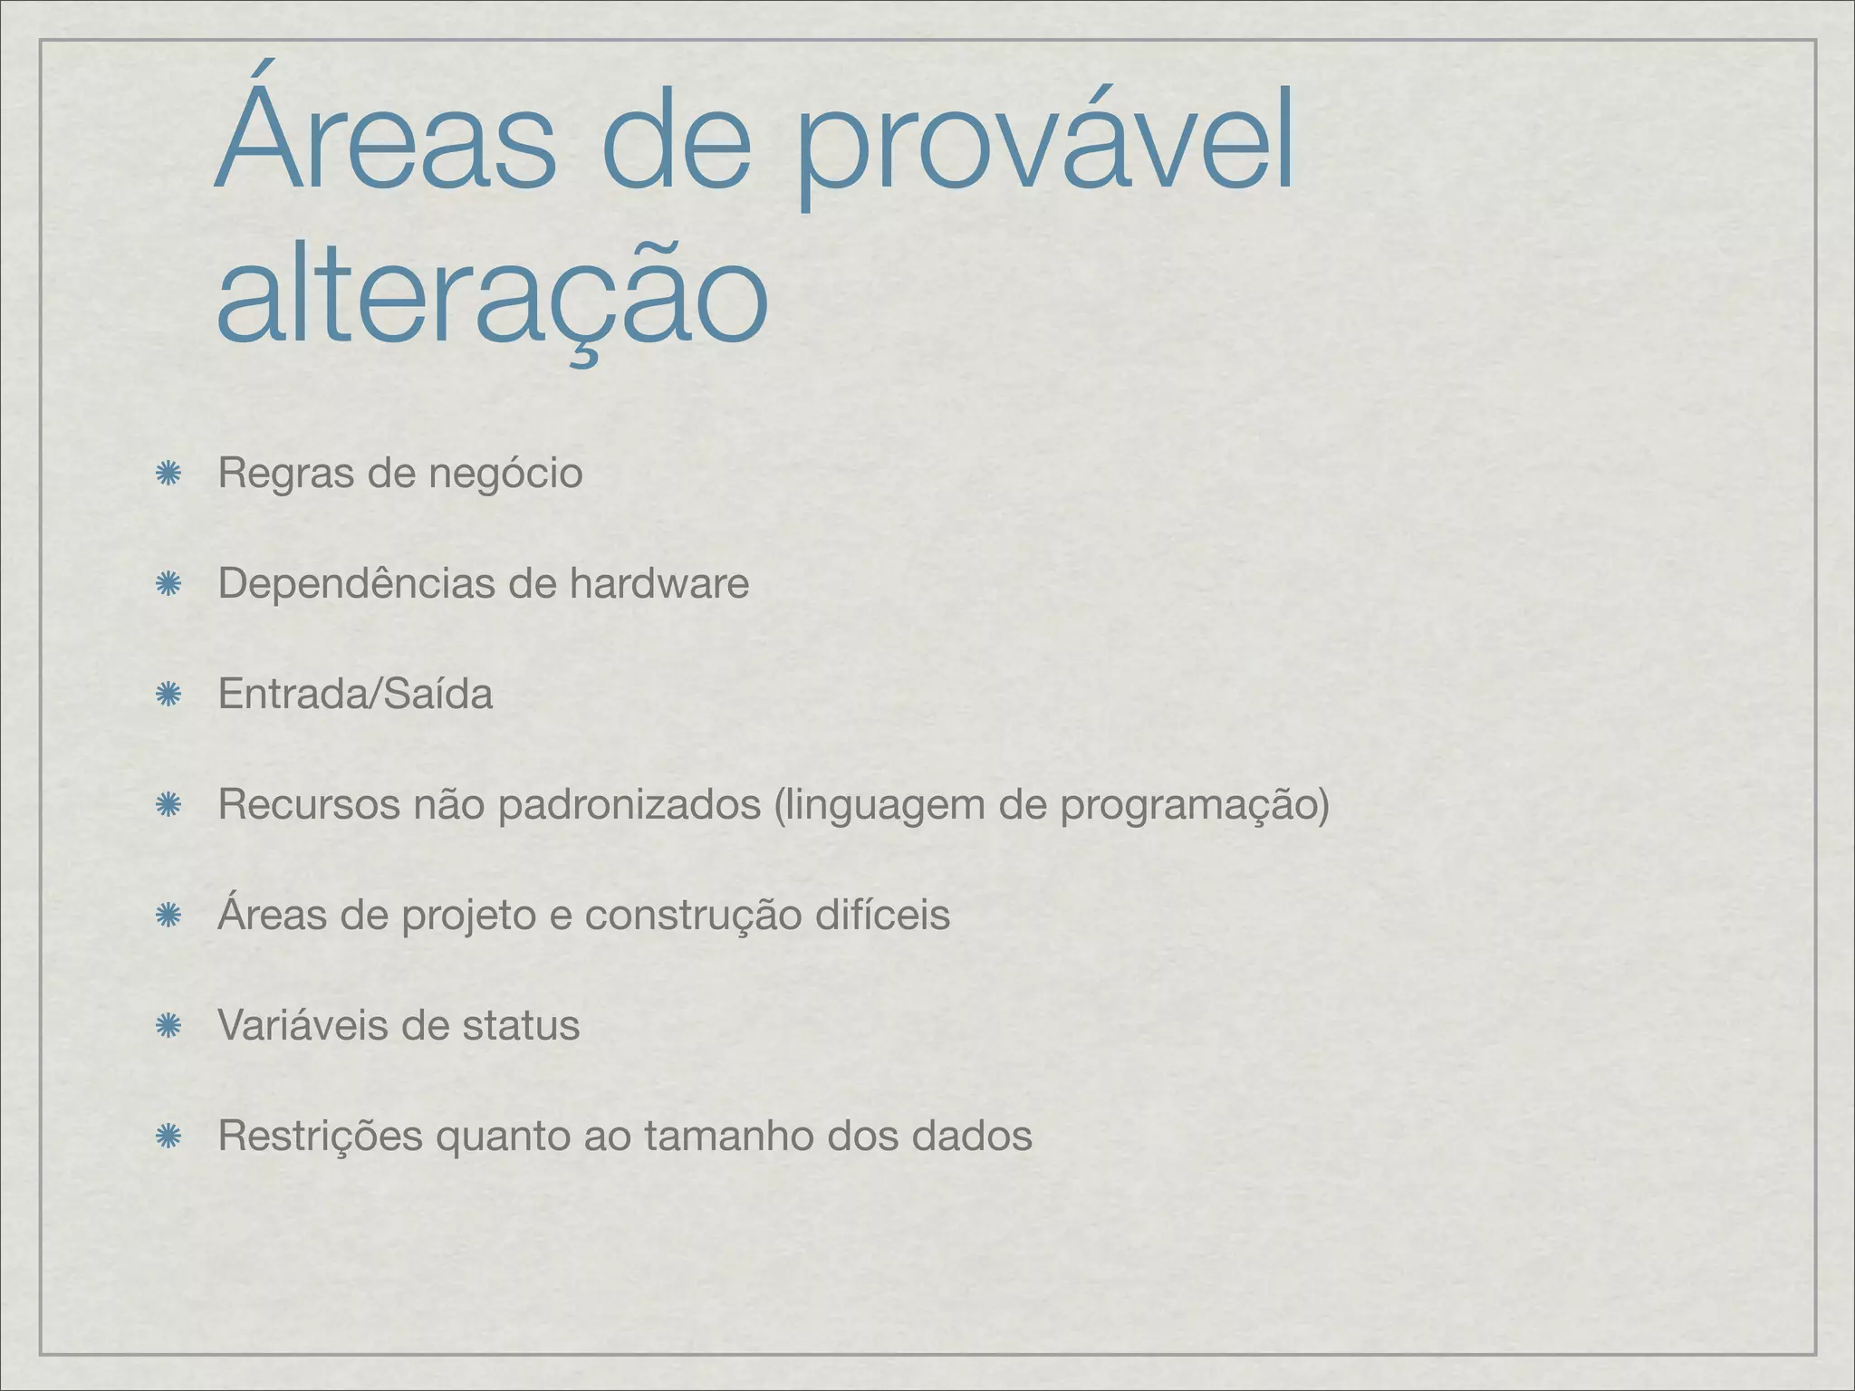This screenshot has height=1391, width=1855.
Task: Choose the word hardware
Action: click(x=658, y=583)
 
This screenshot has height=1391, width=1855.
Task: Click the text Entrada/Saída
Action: click(x=355, y=695)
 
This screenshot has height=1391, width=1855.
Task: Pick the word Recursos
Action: click(x=308, y=804)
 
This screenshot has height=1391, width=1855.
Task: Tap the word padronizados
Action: click(x=629, y=806)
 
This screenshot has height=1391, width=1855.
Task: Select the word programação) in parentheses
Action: click(x=1195, y=806)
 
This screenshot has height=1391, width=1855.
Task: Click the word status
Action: click(x=521, y=1025)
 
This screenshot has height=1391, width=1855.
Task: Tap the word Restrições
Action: click(x=320, y=1137)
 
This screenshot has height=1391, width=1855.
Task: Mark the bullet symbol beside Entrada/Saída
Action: click(x=167, y=695)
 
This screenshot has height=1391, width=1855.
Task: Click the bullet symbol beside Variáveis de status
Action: click(x=167, y=1025)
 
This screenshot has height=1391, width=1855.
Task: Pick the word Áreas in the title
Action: click(x=386, y=140)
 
